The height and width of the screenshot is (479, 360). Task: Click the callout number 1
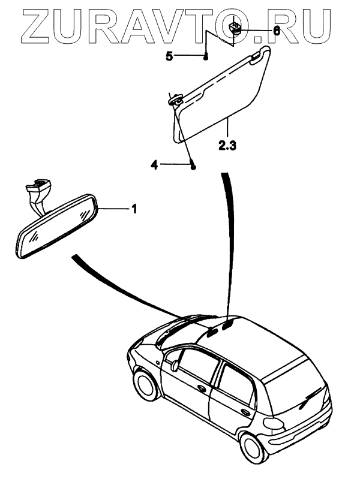click(x=134, y=209)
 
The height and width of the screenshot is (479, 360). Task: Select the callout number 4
click(x=154, y=165)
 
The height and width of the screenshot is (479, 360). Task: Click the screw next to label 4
click(x=193, y=166)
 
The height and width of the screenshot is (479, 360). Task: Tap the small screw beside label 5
click(x=206, y=58)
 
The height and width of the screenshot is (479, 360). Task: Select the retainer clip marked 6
click(x=236, y=28)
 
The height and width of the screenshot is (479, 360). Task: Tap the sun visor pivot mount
click(x=175, y=101)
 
